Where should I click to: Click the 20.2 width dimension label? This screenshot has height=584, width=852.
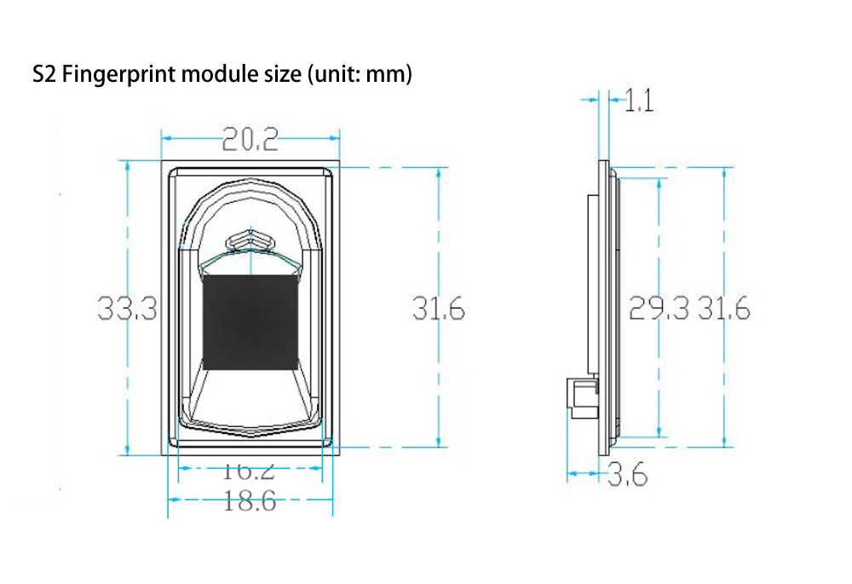coord(250,138)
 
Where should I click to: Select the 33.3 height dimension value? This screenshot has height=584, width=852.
coord(127,308)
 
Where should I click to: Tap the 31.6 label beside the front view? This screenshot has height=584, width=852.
coord(439,309)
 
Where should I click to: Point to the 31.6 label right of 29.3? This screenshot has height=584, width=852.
coord(724,309)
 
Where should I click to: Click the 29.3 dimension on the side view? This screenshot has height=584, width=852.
coord(659,309)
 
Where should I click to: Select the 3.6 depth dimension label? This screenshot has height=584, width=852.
coord(627,474)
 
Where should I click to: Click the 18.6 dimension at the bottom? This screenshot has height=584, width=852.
coord(250,501)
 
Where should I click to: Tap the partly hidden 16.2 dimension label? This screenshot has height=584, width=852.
coord(250,469)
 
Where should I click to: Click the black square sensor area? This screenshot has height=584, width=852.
coord(250,322)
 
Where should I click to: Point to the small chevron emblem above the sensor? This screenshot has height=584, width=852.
coord(250,240)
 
